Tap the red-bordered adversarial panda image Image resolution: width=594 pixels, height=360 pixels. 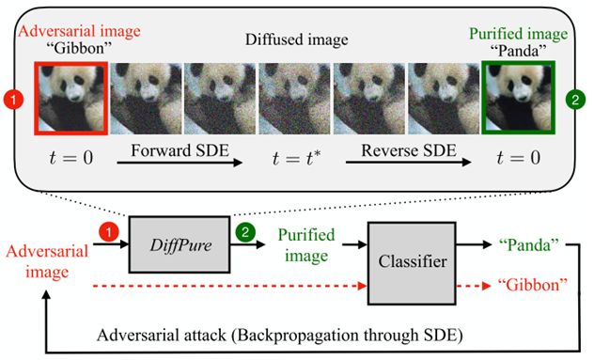click(70, 98)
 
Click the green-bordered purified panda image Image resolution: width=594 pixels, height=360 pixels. click(520, 97)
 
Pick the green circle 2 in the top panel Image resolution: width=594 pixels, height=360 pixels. click(574, 98)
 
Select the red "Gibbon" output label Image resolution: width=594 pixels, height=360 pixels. click(532, 282)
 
